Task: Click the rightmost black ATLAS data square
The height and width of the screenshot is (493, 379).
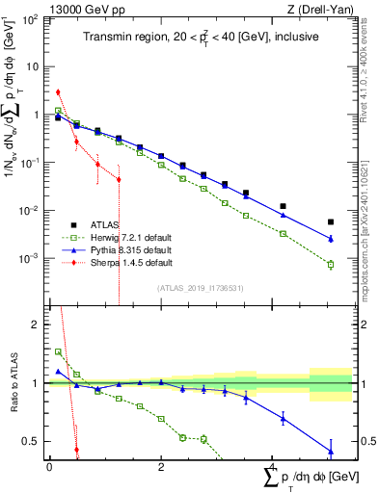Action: tap(331, 222)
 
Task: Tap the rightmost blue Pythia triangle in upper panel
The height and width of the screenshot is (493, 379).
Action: tap(331, 239)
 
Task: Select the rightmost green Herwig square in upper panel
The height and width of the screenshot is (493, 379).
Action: tap(331, 265)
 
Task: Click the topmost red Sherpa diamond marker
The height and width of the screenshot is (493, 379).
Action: tap(58, 92)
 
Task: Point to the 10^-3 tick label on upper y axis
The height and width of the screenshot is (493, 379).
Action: tap(32, 258)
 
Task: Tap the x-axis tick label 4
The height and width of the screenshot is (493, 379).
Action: tap(272, 467)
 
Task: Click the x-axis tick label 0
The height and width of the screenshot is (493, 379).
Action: tap(49, 467)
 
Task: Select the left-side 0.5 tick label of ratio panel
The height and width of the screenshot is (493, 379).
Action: tap(33, 441)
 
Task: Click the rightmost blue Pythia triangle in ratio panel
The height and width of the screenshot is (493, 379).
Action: tap(331, 451)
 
